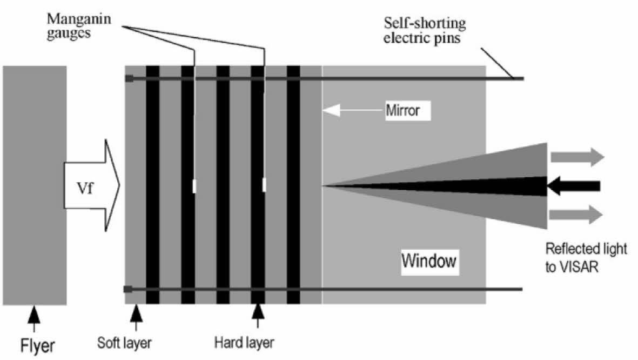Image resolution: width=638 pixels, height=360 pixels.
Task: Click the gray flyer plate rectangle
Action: point(35,184)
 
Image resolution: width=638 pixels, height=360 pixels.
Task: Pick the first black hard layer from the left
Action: point(152,184)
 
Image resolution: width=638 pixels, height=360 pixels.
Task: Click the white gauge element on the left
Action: point(194,186)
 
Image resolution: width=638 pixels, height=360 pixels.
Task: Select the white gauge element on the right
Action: point(264,185)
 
